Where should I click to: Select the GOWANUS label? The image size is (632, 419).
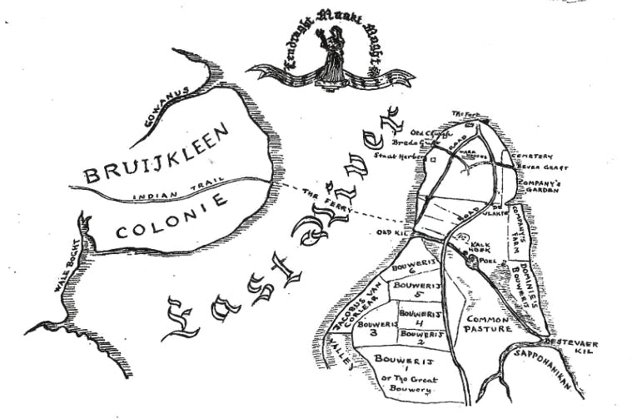[167, 107]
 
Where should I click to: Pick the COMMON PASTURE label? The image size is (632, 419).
[491, 324]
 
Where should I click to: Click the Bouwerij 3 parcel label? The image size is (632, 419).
[373, 327]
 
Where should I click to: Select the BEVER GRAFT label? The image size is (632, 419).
[534, 167]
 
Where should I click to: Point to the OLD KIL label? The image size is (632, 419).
[391, 232]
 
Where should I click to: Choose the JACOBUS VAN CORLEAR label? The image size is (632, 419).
[356, 307]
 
